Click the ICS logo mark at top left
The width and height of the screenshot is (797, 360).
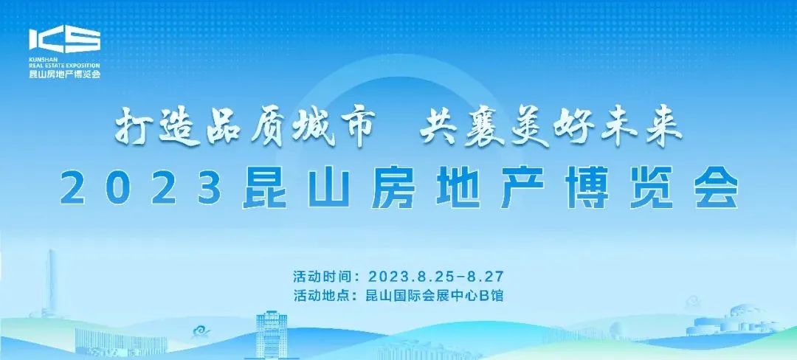(x=64, y=41)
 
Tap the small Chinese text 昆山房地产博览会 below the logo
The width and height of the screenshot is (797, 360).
(x=63, y=74)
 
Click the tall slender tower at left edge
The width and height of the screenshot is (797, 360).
(x=52, y=288)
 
